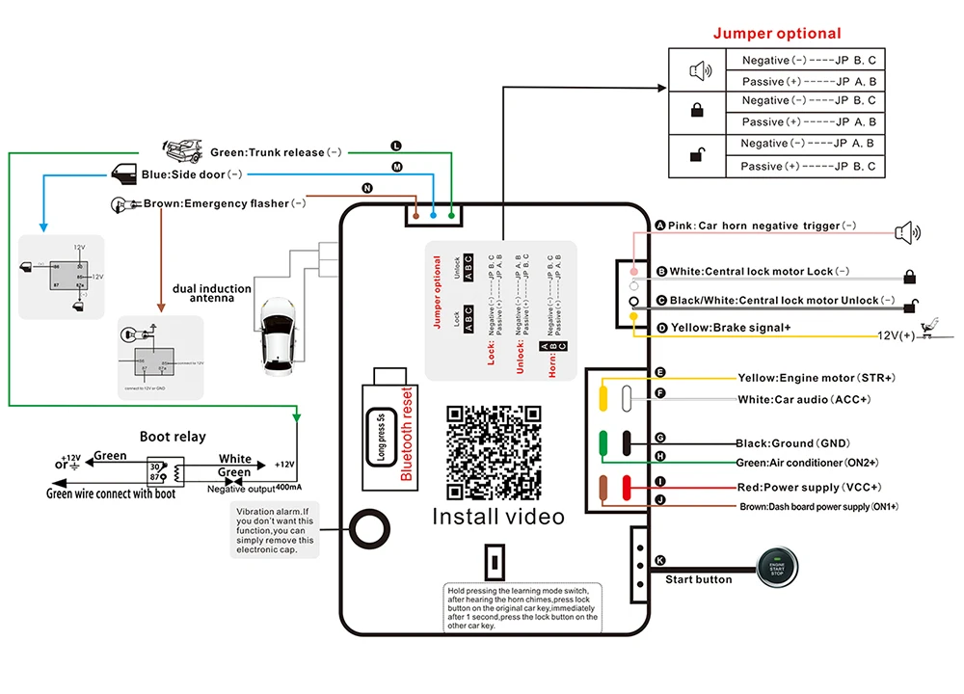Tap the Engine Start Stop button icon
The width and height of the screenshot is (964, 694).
[x=777, y=567]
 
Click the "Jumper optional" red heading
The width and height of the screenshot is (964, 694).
[x=777, y=34]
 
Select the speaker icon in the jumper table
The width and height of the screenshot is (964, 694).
[x=698, y=70]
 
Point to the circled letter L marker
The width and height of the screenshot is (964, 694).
[x=395, y=146]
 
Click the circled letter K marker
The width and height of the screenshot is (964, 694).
[x=659, y=560]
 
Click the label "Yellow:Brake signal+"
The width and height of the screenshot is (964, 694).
[x=731, y=329]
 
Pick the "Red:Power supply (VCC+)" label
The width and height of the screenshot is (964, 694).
[x=802, y=487]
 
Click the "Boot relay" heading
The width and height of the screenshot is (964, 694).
[x=173, y=436]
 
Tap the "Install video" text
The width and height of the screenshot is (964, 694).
[x=497, y=517]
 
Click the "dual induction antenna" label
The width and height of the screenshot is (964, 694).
[x=212, y=293]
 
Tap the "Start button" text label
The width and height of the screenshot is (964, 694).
[x=699, y=579]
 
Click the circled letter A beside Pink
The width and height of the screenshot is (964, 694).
[x=660, y=226]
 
